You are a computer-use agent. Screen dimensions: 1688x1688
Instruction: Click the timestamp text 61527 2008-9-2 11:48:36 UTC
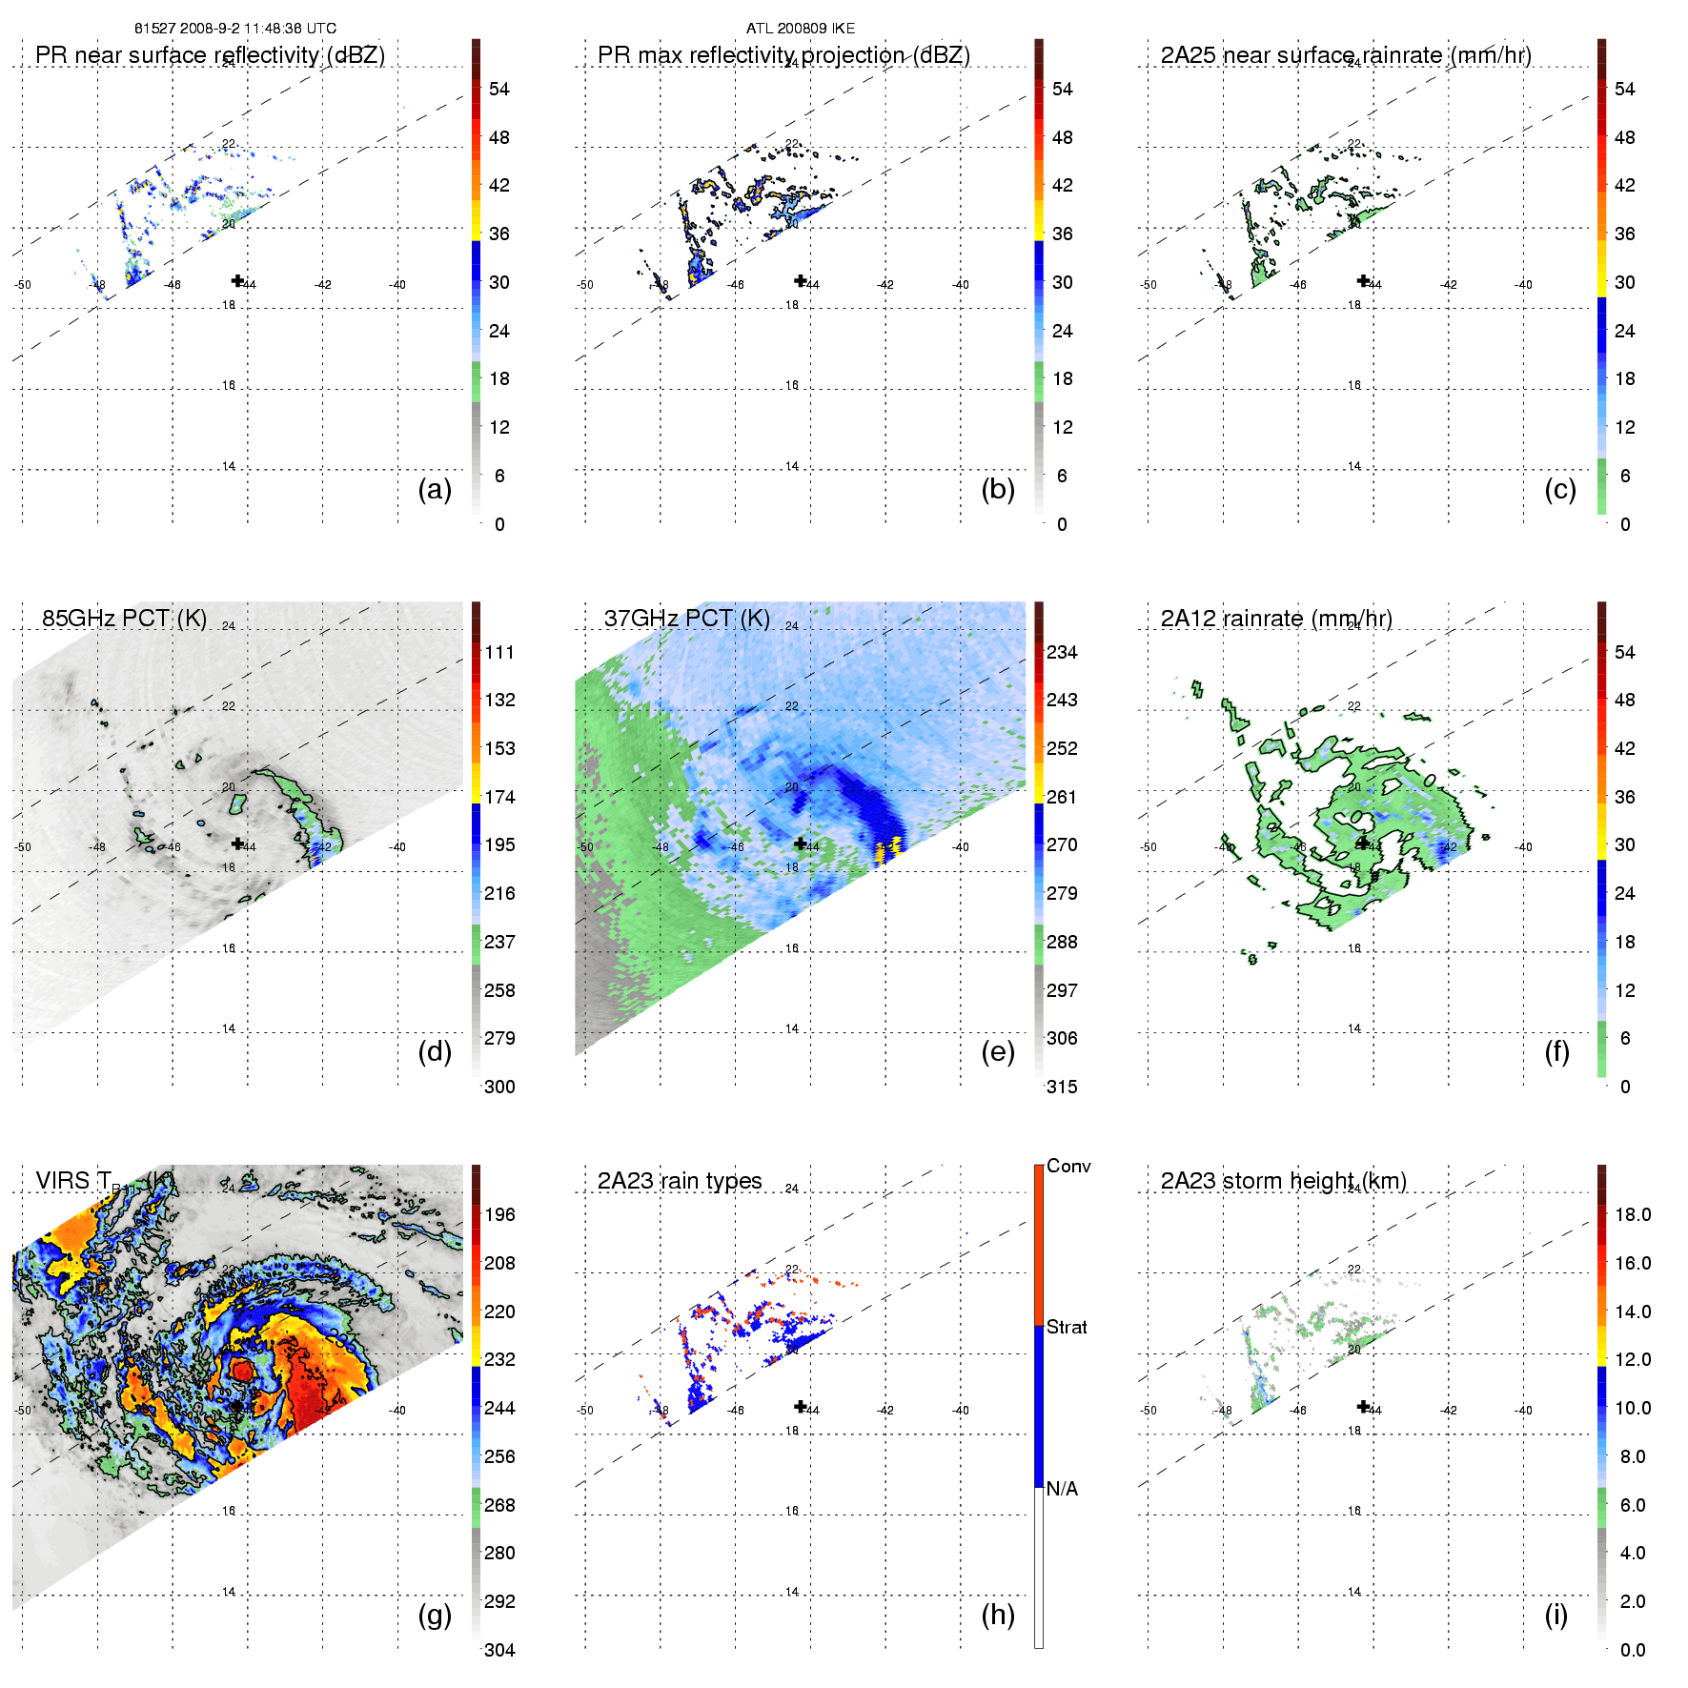tap(235, 29)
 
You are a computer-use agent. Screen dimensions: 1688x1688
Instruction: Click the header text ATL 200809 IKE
tap(801, 29)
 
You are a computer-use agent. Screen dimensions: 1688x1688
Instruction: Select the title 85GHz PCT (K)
tap(124, 618)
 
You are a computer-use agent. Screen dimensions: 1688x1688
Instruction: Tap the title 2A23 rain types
tap(680, 1181)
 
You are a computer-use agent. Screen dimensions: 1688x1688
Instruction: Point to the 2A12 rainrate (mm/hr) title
tap(1276, 618)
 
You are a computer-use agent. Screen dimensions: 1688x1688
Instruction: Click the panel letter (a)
tap(435, 489)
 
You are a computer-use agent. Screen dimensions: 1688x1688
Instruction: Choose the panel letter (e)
tap(998, 1051)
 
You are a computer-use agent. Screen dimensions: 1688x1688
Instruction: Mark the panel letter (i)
tap(1556, 1615)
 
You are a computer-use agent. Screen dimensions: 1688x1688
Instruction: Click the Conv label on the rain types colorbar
tap(1068, 1166)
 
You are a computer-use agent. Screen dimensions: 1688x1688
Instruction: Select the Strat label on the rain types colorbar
tap(1067, 1327)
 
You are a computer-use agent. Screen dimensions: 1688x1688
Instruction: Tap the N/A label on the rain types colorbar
tap(1063, 1489)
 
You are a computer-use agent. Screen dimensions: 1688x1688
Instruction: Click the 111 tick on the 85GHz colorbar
tap(499, 652)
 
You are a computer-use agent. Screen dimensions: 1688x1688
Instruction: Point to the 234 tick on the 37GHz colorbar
tap(1062, 652)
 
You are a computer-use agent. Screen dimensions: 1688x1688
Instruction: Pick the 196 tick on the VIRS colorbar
tap(499, 1214)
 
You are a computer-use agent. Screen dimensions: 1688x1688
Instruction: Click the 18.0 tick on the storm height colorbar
tap(1633, 1214)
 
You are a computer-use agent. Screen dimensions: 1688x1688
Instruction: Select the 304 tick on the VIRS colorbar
tap(499, 1650)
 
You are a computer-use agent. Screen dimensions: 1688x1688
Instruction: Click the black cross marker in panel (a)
tap(237, 280)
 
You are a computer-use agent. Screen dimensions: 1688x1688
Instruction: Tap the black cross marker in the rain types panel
tap(801, 1406)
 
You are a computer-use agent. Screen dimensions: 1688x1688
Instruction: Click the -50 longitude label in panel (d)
tap(23, 846)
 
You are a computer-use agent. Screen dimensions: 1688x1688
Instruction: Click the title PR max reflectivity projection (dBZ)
tap(783, 55)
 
